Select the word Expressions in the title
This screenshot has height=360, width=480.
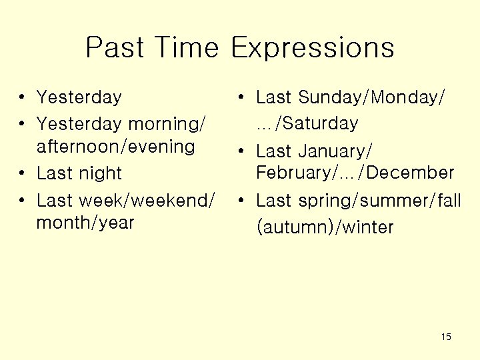coord(312,48)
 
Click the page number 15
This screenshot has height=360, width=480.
coord(446,337)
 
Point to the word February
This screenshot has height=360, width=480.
coord(293,173)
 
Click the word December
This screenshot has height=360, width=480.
coord(410,173)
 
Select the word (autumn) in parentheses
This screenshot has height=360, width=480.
coord(294,227)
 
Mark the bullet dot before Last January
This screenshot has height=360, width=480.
coord(242,151)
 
